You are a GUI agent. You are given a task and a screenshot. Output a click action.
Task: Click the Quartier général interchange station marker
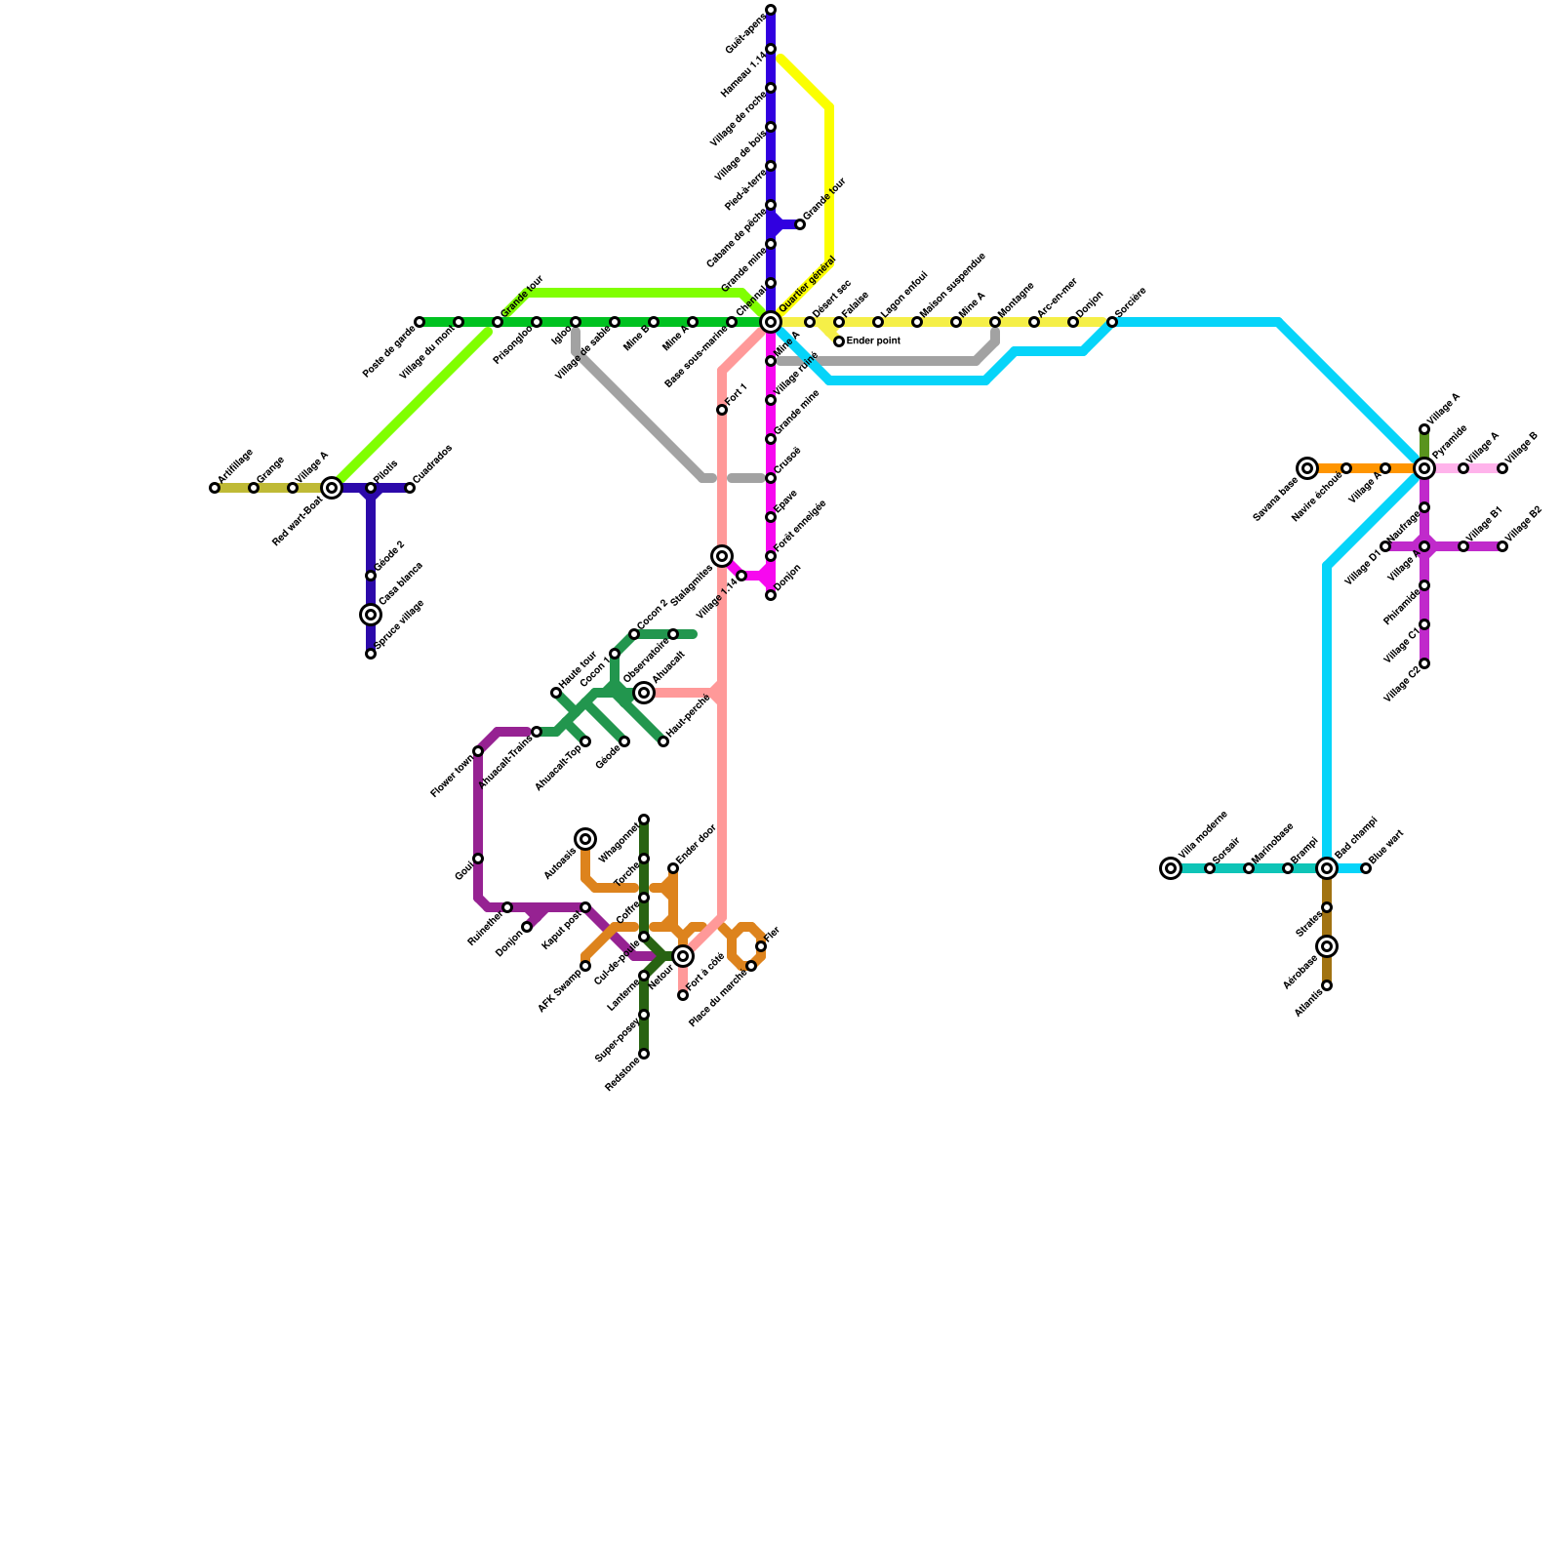(771, 322)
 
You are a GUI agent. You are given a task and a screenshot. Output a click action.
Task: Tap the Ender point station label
(873, 341)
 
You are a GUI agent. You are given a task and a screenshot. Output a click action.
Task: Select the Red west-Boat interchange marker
(332, 488)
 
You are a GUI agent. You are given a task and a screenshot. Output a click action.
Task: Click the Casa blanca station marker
(371, 615)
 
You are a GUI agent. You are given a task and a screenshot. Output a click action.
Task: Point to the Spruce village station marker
(371, 654)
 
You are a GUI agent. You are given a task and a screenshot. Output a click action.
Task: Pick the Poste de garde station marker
(420, 322)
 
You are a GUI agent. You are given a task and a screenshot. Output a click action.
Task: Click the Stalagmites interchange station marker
(722, 556)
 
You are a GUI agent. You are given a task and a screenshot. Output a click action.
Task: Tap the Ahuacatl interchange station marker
(644, 693)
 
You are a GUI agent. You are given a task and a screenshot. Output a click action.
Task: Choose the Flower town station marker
(478, 751)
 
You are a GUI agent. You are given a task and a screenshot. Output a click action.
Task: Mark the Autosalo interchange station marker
(585, 839)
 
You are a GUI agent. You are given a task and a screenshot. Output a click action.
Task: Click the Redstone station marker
(644, 1054)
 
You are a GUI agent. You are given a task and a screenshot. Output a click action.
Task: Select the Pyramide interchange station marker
(1424, 468)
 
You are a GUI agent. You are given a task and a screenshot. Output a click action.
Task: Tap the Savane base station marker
(1307, 468)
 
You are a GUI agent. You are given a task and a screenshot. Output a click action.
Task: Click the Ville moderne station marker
(1171, 868)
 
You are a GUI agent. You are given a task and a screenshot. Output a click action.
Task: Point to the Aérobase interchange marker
(1327, 946)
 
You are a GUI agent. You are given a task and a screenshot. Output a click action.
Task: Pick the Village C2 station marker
(1424, 663)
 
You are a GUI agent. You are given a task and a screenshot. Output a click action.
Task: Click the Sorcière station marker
(1112, 322)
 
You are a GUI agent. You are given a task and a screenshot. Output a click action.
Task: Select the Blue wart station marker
(1366, 868)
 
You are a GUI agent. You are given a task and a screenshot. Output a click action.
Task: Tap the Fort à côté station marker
(683, 995)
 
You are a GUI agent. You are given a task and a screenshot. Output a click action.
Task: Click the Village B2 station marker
(1502, 546)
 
